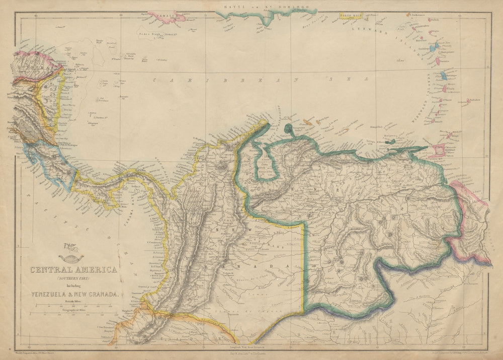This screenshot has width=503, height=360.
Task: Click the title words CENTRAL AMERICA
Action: [x=73, y=270]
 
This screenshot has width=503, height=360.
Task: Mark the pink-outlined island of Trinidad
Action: [x=439, y=151]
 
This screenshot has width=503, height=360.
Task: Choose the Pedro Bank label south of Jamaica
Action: [x=151, y=34]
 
